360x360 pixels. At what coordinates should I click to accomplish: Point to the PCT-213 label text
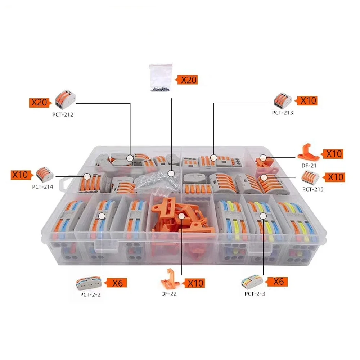point(282,112)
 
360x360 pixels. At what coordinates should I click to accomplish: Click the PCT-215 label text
point(313,189)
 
